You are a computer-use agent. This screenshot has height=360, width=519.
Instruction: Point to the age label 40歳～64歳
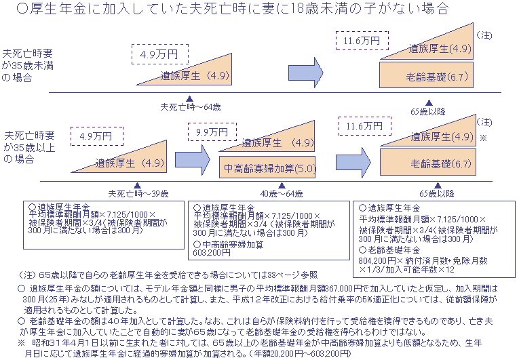coord(281,194)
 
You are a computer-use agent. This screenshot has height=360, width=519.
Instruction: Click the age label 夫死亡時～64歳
coord(191,106)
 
